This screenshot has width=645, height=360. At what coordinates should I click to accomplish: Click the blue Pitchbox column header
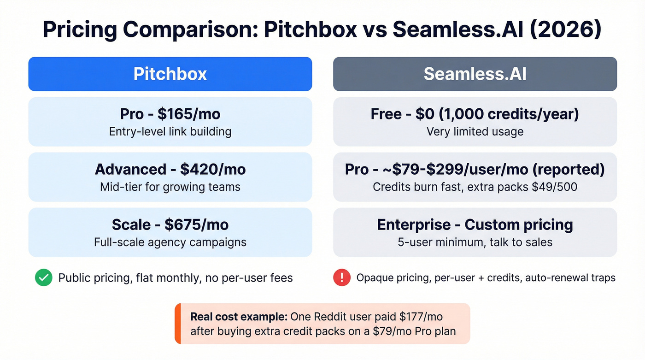coord(170,74)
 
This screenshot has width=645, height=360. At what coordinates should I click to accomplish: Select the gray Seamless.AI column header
coord(475,74)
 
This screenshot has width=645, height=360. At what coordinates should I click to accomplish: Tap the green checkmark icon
coord(44,277)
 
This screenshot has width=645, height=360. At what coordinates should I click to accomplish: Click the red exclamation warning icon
coord(341,277)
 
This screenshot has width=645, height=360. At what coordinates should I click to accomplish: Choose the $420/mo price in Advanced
coord(213,169)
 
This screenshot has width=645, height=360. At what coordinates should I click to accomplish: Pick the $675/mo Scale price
coord(196,224)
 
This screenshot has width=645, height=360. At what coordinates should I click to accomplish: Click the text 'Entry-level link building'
coord(170,131)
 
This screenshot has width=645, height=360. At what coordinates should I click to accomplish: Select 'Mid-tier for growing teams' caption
coord(170,187)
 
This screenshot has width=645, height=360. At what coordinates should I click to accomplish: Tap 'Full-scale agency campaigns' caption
coord(170,242)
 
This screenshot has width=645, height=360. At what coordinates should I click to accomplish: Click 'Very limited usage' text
coord(475,131)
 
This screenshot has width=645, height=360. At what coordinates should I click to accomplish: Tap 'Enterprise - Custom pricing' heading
coord(475,224)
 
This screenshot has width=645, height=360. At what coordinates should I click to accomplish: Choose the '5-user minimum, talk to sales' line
coord(475,242)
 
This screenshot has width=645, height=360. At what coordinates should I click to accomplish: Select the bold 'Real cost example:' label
coord(239,317)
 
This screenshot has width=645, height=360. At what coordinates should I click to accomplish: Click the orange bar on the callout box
coord(177,324)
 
